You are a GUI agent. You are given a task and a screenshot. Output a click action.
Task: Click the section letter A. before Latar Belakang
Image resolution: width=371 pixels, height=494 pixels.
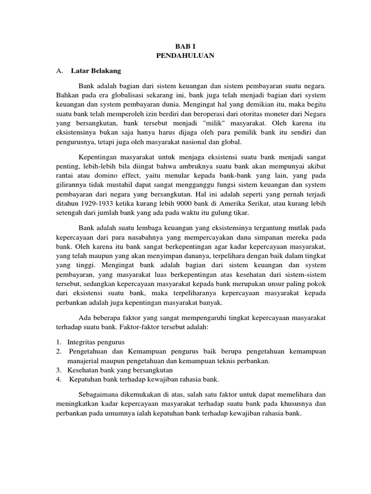[59, 71]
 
